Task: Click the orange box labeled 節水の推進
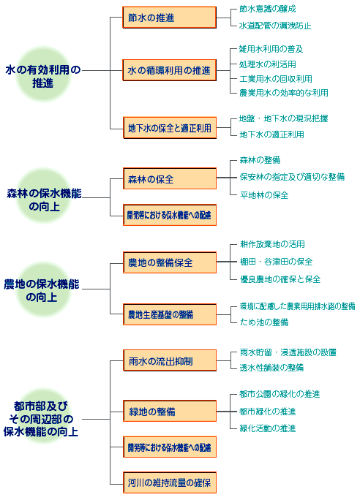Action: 170,18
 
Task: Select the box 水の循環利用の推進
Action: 170,70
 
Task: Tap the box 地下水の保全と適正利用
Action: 170,128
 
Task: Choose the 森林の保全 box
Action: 170,179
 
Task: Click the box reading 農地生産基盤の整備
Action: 170,315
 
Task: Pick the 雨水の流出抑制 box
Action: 170,360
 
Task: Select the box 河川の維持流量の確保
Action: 170,482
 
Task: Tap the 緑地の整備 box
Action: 170,412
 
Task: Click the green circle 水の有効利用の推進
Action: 43,75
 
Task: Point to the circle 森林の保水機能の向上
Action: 43,196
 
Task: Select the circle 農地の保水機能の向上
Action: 43,289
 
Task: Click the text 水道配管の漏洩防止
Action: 275,26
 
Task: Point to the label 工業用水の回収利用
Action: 276,79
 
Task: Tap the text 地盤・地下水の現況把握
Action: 283,118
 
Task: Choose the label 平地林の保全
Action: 264,195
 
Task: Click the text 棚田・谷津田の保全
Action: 276,262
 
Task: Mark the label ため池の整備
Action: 264,322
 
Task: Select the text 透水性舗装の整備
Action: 271,368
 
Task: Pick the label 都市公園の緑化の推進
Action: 280,394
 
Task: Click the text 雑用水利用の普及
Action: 271,49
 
